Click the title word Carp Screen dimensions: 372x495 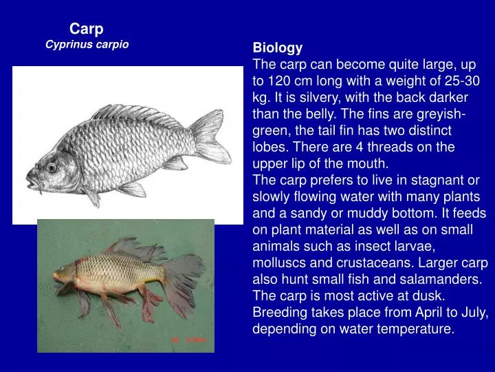coord(87,29)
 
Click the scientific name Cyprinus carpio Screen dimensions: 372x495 coord(87,44)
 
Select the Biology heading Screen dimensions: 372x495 coord(278,48)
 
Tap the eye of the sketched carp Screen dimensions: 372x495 coord(52,167)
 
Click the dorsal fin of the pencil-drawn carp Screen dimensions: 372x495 coord(134,114)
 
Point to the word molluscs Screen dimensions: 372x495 coord(278,262)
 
